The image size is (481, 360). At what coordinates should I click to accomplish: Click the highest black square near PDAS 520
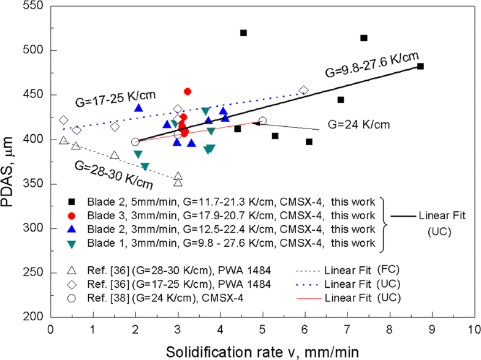(243, 32)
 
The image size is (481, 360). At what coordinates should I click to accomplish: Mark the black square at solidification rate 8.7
(420, 66)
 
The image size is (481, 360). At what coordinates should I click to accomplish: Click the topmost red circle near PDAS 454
(187, 91)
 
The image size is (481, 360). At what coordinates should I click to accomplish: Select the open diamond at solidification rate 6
(304, 91)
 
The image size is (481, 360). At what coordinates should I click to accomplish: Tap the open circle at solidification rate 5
(262, 121)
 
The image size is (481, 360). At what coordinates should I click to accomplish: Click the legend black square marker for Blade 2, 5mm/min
(72, 203)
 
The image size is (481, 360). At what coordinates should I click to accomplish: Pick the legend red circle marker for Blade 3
(72, 216)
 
